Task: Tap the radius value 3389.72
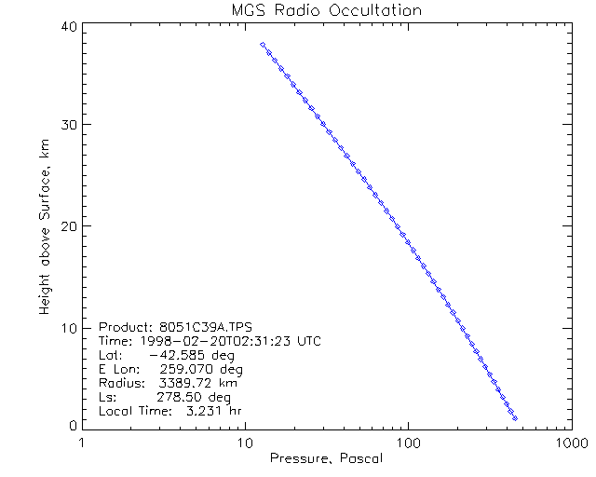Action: [180, 383]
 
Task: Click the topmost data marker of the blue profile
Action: [263, 44]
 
